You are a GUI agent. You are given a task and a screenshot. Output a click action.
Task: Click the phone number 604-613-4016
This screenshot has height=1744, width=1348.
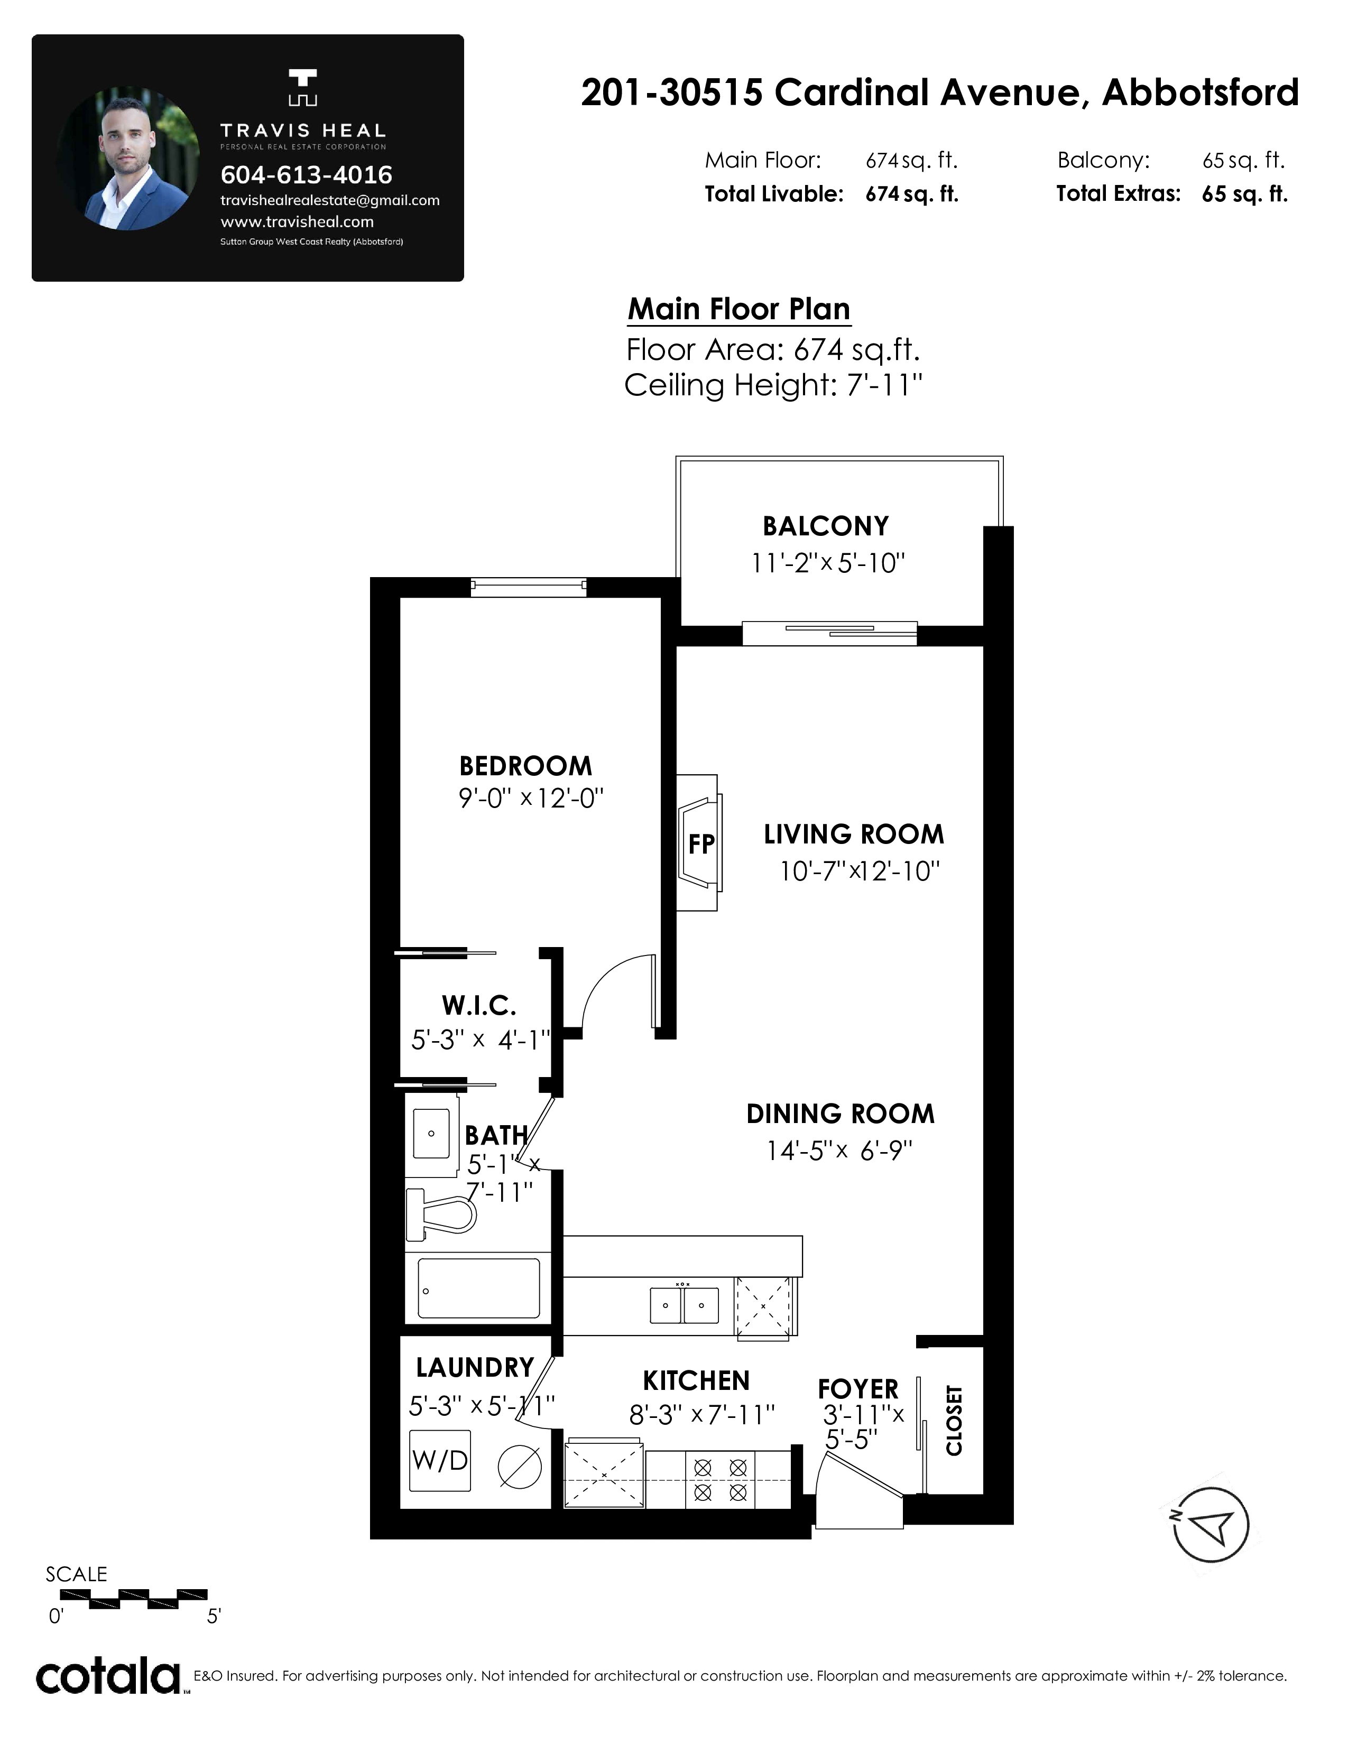tap(306, 175)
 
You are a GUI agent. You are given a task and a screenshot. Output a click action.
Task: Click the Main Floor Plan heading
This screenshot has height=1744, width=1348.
tap(738, 309)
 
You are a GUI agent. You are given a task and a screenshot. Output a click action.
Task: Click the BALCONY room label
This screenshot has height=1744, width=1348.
tap(826, 526)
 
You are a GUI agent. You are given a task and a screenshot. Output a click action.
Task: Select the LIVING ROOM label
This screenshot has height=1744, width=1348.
tap(854, 834)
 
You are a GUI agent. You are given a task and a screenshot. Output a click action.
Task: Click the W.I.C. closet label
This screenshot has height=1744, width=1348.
tap(479, 1005)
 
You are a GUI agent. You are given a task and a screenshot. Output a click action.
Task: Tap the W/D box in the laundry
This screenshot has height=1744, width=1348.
tap(440, 1461)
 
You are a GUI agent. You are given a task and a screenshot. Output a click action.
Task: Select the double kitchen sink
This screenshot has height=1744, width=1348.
tap(684, 1305)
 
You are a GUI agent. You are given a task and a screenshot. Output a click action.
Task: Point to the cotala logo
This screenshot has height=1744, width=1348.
tap(108, 1676)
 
